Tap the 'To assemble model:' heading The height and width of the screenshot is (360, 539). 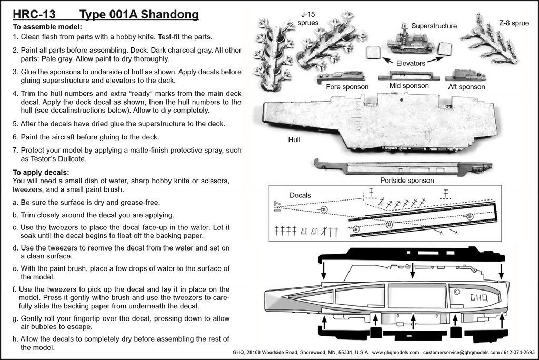click(47, 27)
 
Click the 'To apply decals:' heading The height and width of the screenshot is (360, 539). click(41, 172)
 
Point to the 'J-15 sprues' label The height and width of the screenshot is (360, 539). click(309, 19)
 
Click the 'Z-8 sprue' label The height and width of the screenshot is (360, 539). click(514, 23)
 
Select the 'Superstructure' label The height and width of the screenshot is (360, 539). click(434, 26)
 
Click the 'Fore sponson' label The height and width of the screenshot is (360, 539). click(347, 87)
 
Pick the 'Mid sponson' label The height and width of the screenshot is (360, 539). click(408, 85)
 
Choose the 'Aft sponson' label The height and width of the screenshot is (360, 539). click(466, 87)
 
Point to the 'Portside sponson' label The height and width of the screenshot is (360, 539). click(407, 180)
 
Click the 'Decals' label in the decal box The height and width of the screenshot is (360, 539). click(300, 195)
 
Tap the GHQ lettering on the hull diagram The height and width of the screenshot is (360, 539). click(478, 298)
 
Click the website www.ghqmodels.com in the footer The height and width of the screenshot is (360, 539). click(395, 352)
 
